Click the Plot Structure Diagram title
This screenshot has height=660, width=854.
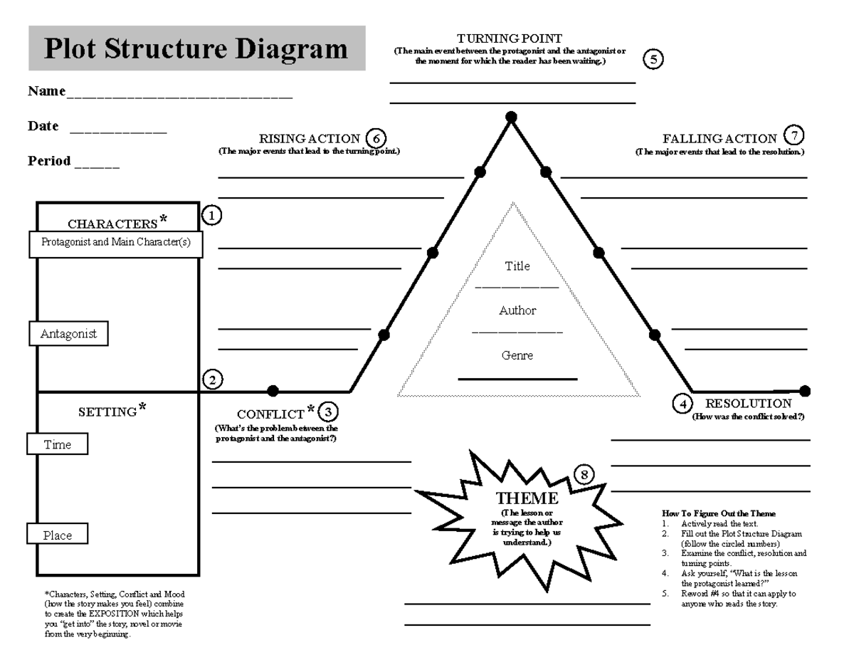pos(196,48)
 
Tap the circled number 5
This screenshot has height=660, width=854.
pos(653,60)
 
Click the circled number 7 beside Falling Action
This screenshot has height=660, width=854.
pos(793,136)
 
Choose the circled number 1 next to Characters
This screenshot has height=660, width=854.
pos(211,214)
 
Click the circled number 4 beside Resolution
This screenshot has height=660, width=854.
pos(682,404)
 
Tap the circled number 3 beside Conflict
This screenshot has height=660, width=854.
pos(327,412)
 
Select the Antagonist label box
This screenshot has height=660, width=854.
pos(68,333)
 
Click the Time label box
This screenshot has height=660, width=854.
pos(58,444)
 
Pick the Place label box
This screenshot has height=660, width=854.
pos(58,535)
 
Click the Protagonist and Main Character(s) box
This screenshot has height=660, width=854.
pos(116,242)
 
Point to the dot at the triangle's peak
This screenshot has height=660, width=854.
pos(510,117)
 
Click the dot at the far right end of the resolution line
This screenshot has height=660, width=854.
pos(805,391)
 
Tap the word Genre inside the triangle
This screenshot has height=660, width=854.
pos(517,355)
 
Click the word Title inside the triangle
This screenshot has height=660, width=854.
pos(517,266)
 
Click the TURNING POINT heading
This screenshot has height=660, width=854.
pos(510,38)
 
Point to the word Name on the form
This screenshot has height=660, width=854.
pos(46,91)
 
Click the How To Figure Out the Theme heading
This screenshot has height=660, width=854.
pos(719,513)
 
